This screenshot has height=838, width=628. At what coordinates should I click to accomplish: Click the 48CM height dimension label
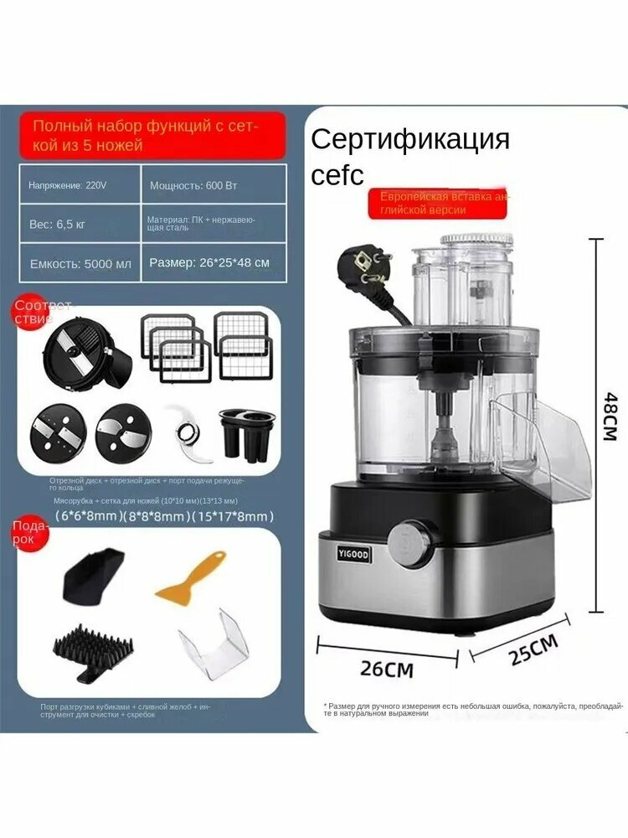click(x=609, y=419)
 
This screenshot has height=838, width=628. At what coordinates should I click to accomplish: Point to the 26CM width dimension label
click(x=386, y=669)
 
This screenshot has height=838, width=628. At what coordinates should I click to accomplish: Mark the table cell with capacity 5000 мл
click(x=80, y=263)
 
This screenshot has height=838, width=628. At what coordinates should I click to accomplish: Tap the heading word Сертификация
click(x=410, y=138)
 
